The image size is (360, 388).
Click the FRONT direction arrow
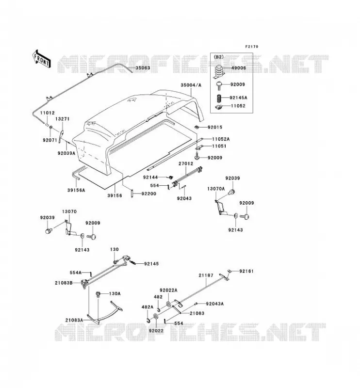(41, 59)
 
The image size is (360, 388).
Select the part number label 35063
(143, 68)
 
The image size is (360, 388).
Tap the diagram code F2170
(251, 47)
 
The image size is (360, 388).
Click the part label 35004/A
(191, 85)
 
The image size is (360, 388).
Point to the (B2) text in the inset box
(218, 57)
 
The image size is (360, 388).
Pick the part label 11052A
(221, 139)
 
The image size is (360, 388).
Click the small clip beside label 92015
(197, 127)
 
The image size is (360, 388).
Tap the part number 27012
(186, 163)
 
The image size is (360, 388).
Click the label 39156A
(76, 190)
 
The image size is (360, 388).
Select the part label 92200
(149, 194)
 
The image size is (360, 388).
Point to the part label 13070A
(216, 189)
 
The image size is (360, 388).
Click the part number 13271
(62, 119)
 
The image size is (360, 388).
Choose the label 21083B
(64, 283)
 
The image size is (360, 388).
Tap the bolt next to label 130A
(98, 294)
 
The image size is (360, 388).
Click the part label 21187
(206, 275)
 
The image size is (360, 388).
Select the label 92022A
(168, 290)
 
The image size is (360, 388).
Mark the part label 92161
(246, 271)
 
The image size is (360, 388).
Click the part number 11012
(47, 113)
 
